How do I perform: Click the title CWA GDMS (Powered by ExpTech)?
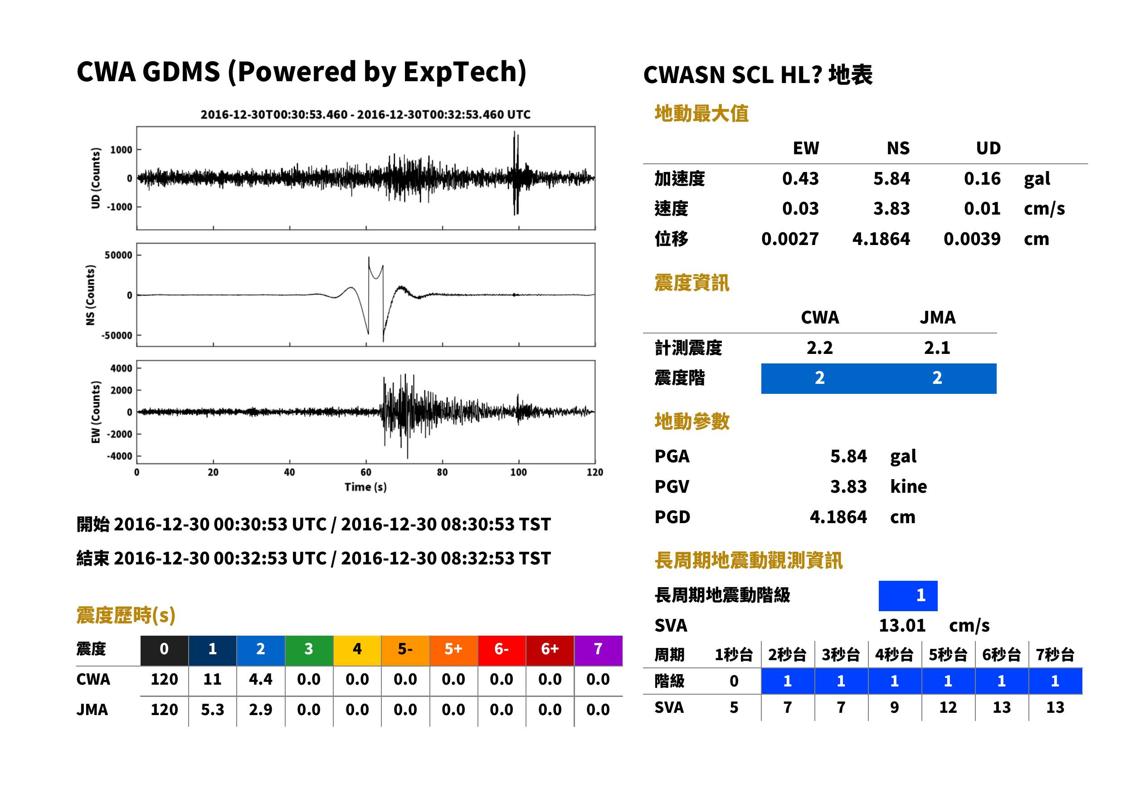point(301,72)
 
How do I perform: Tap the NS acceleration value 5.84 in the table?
point(891,179)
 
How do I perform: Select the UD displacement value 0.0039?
point(972,239)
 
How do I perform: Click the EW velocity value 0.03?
point(800,209)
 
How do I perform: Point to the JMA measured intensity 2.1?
point(937,348)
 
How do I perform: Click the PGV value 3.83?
point(848,487)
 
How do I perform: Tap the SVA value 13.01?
point(902,626)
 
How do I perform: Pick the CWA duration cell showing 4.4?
point(261,679)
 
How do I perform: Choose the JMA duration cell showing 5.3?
point(212,710)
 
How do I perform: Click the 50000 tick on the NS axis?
point(118,255)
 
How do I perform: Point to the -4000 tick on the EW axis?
point(119,456)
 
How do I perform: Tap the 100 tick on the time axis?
point(518,472)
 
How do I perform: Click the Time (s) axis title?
point(365,487)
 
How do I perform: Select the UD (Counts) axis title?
point(96,178)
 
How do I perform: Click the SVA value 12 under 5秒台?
point(948,707)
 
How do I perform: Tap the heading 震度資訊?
point(692,283)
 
